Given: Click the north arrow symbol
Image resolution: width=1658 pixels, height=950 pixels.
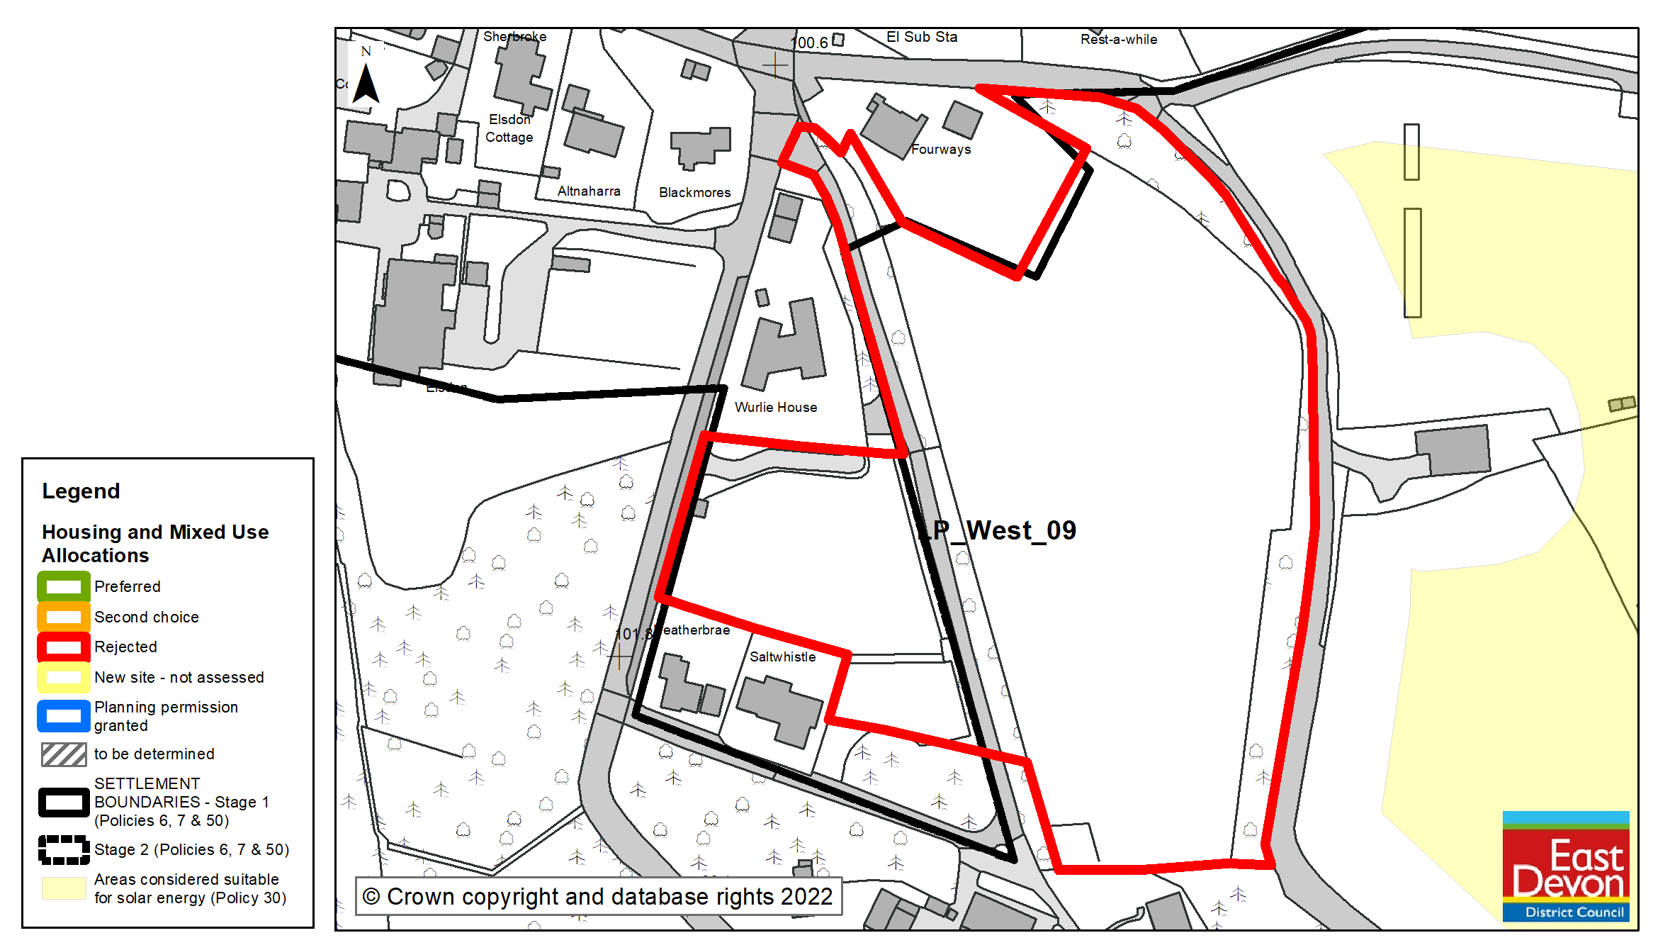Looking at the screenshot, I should [x=366, y=81].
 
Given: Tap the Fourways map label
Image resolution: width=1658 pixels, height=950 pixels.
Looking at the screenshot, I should [x=941, y=150].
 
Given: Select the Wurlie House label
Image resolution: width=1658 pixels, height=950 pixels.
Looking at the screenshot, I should [x=776, y=408].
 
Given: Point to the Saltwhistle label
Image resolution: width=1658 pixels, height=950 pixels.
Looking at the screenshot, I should [x=783, y=657].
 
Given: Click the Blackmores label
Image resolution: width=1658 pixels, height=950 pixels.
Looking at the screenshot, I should [x=694, y=193].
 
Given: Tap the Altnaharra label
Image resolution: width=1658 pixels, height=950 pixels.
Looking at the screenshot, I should [x=589, y=191].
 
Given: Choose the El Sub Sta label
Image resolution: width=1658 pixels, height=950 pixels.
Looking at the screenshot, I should [x=922, y=38].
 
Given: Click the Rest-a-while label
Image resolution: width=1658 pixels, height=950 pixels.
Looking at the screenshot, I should [x=1119, y=40].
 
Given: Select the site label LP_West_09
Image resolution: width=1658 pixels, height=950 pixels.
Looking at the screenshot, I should [x=999, y=530].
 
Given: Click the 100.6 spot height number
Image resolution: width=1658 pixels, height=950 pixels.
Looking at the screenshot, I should [x=809, y=43].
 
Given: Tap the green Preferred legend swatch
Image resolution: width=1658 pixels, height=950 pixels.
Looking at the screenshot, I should [x=64, y=587].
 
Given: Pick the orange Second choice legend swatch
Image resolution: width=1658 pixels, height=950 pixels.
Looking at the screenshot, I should [x=64, y=617].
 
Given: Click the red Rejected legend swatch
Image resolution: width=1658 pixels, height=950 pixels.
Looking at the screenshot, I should [x=64, y=647].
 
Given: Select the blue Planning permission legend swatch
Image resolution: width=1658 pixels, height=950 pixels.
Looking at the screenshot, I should [x=64, y=716].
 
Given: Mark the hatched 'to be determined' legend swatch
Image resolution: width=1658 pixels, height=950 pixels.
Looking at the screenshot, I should [x=64, y=754].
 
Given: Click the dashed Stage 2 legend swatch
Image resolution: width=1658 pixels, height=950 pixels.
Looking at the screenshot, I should [x=64, y=849].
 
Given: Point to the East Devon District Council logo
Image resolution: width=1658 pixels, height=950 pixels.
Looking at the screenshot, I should [x=1566, y=866].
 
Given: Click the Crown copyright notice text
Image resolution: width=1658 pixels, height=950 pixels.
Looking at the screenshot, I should [x=598, y=897].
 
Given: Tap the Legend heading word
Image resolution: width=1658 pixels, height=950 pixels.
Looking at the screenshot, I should [x=81, y=491].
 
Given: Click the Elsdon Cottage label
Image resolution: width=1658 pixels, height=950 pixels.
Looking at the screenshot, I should [x=509, y=128].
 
